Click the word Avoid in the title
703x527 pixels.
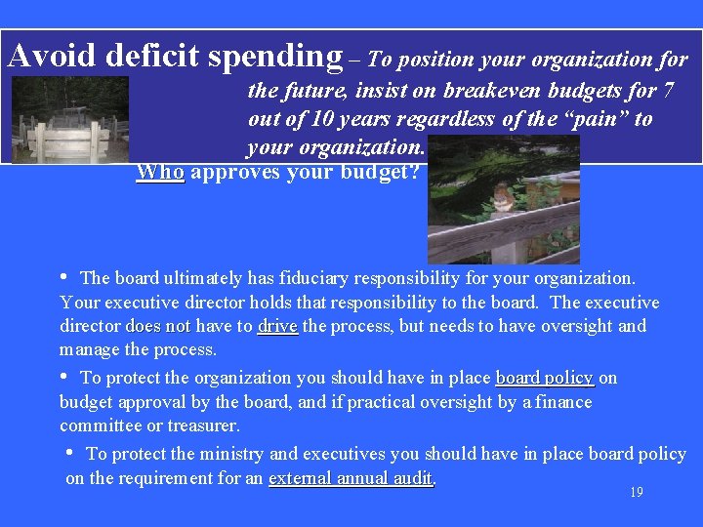[53, 56]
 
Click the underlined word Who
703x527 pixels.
[160, 173]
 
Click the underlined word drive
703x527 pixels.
[277, 326]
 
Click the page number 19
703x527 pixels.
[636, 492]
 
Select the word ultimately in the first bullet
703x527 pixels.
[193, 279]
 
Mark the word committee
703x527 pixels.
[99, 426]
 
